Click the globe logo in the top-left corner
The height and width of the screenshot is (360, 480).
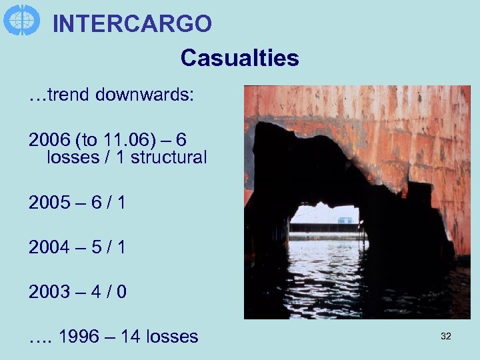pyautogui.click(x=21, y=19)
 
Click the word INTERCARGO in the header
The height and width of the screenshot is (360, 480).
pyautogui.click(x=132, y=23)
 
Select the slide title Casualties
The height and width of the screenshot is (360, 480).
pyautogui.click(x=239, y=58)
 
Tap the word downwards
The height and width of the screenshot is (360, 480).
pyautogui.click(x=145, y=95)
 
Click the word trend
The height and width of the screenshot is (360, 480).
pyautogui.click(x=68, y=95)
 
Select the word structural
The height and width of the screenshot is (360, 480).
pyautogui.click(x=169, y=157)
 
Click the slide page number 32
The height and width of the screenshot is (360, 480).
pyautogui.click(x=446, y=337)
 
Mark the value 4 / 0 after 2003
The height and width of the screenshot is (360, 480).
pyautogui.click(x=106, y=291)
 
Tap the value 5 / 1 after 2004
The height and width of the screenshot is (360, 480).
pyautogui.click(x=106, y=247)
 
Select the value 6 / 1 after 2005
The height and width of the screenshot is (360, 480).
pyautogui.click(x=106, y=202)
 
